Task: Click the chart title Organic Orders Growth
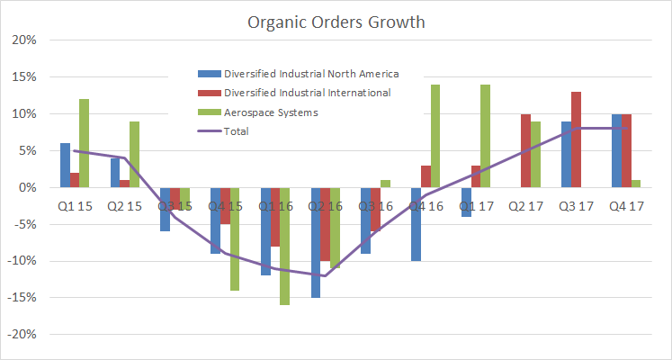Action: pos(336,20)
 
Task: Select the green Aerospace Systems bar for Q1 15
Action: pos(85,143)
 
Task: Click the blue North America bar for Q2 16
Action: pos(316,242)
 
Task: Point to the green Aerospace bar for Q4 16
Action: pos(435,136)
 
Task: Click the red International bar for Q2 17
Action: pos(525,151)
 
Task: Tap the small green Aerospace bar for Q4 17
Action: pos(637,184)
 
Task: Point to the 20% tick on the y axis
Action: pos(23,40)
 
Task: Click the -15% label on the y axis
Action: pos(22,298)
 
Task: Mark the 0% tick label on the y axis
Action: pos(26,188)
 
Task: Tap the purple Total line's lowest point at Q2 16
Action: pos(325,275)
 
